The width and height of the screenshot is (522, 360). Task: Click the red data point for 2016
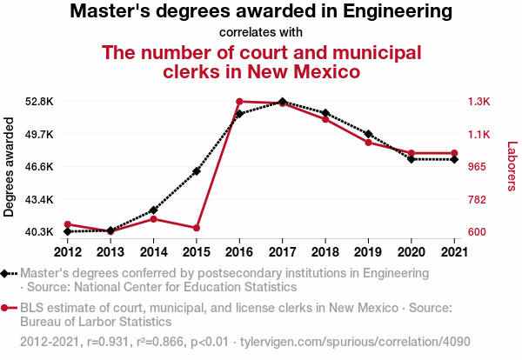[x=239, y=102]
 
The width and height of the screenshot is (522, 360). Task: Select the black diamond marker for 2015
[x=197, y=171]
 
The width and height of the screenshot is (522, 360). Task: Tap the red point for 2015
[x=197, y=228]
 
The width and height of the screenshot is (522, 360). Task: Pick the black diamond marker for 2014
[x=154, y=210]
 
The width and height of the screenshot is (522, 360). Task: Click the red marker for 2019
[x=368, y=143]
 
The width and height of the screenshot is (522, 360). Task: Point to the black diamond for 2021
[x=453, y=159]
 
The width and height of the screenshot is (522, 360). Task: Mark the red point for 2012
[x=68, y=224]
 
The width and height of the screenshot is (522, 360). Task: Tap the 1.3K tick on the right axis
[x=479, y=102]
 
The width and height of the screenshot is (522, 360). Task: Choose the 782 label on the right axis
[x=478, y=200]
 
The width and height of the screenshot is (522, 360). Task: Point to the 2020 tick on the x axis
[x=411, y=251]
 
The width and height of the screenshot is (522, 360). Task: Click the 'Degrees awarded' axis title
[x=10, y=167]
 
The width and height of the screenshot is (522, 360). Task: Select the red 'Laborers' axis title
[x=512, y=167]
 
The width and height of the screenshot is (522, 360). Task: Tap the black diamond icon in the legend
[x=8, y=273]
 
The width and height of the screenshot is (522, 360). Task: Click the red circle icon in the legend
[x=8, y=308]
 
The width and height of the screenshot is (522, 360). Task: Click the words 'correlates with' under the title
[x=260, y=32]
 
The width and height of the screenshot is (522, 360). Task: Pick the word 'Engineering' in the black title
[x=395, y=12]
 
